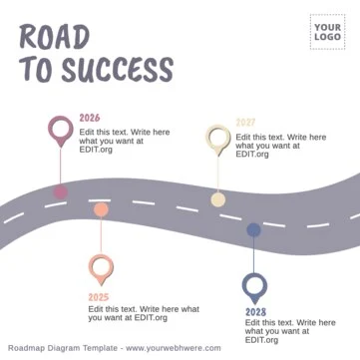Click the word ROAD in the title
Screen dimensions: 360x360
pos(54,36)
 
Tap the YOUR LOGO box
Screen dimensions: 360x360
pos(326,32)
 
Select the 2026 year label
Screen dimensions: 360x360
pos(90,119)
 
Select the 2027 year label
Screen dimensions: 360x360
pos(246,123)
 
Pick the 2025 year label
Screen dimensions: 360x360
pos(98,297)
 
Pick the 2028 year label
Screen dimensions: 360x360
pos(255,312)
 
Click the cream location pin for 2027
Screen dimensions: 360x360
pos(218,138)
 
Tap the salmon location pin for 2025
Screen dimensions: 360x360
pos(101,266)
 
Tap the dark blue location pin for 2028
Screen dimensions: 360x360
pos(254,288)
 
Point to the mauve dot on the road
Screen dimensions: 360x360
pos(61,191)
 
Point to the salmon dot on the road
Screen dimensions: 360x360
pos(101,209)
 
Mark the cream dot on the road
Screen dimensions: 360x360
pos(218,199)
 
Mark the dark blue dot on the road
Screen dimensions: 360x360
pos(254,230)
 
